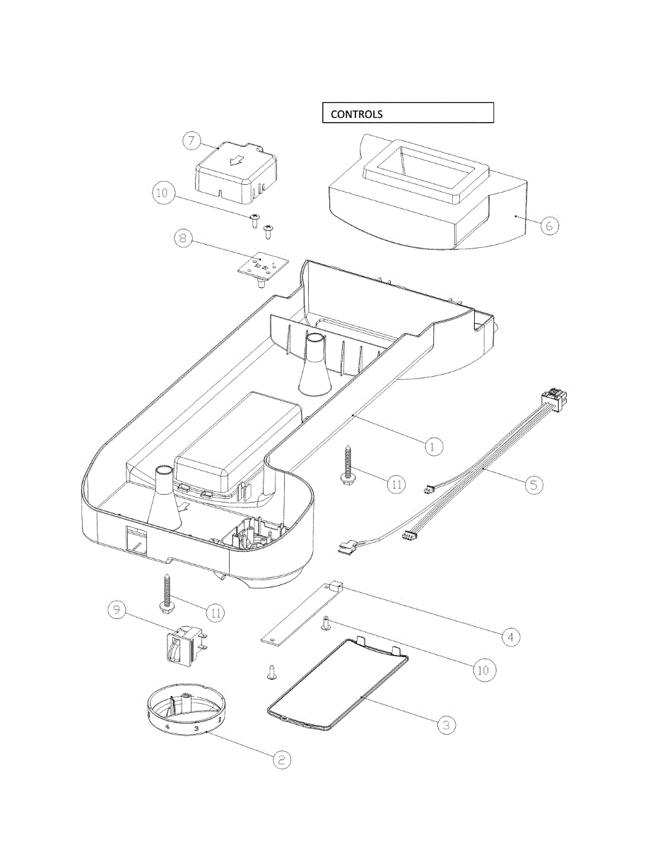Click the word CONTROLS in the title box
357,114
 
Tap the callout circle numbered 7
191,140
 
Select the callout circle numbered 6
550,226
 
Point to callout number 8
183,238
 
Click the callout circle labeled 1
434,446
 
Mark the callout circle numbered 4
511,637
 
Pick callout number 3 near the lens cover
445,725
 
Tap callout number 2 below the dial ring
281,759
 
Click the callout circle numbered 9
117,610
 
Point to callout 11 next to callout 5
396,483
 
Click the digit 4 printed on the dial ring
167,725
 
